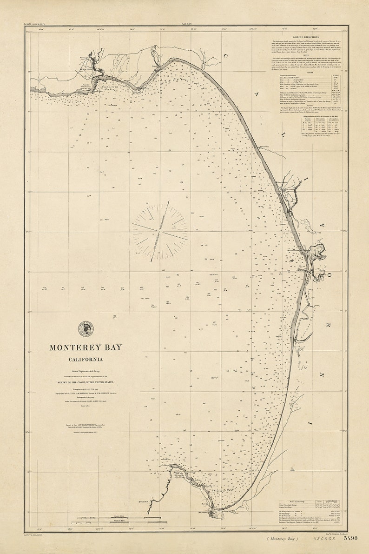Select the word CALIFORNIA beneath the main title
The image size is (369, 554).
(86, 359)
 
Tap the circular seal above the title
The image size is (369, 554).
(86, 329)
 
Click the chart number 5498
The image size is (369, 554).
(350, 538)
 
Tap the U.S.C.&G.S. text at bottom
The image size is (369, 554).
(323, 538)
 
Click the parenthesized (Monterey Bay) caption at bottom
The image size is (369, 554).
(283, 538)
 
